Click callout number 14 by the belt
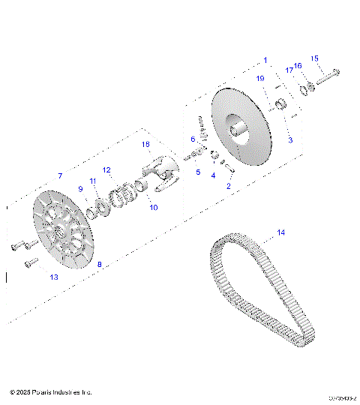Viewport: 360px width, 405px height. tap(280, 232)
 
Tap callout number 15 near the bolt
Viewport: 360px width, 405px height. tap(314, 58)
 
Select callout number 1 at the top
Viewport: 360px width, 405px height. tap(264, 59)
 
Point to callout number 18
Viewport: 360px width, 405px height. tap(145, 143)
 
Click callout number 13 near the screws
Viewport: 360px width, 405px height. tap(53, 277)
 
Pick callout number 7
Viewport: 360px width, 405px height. tap(60, 175)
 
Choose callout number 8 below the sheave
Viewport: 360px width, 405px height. tap(99, 264)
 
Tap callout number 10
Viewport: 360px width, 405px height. tap(153, 207)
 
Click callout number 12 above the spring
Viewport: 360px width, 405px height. tap(106, 170)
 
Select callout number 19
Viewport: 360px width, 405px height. tap(260, 79)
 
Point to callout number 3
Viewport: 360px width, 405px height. tap(290, 140)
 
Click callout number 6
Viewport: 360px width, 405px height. tap(193, 139)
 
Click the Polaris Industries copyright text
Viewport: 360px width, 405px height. tap(51, 392)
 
